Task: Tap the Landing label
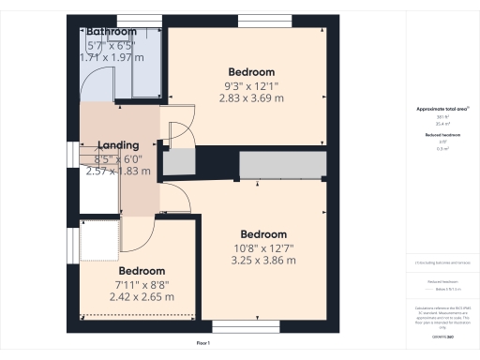tap(118, 145)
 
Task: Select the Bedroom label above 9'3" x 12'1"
tap(251, 72)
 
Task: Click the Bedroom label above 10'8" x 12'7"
tap(262, 234)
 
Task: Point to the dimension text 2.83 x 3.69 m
tap(251, 97)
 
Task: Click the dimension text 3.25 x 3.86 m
tap(262, 260)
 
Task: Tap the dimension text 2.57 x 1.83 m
tap(118, 172)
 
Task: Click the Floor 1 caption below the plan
tap(202, 344)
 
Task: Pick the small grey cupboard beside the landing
tap(175, 163)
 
